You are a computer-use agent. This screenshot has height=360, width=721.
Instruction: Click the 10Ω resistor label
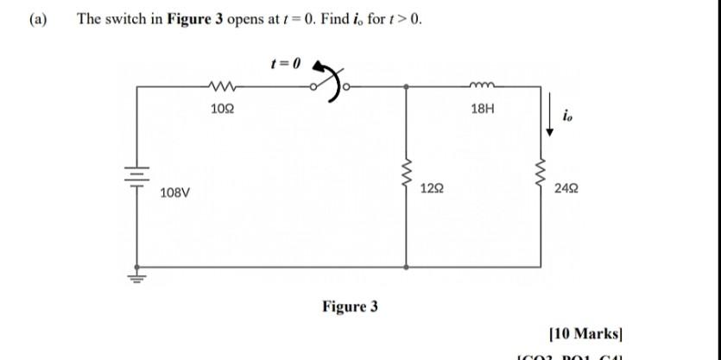[x=221, y=109]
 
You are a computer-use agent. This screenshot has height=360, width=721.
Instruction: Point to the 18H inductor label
[x=484, y=110]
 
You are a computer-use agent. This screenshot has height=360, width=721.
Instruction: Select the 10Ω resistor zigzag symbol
[x=221, y=86]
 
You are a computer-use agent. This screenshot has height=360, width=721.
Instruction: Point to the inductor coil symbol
[x=482, y=85]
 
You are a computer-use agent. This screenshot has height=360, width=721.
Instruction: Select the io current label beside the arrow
[x=566, y=117]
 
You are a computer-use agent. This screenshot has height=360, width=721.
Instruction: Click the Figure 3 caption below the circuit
[x=350, y=306]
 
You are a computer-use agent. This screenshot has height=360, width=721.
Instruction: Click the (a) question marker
[x=38, y=19]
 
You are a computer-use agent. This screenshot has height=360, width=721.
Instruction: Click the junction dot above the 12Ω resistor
[x=407, y=86]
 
